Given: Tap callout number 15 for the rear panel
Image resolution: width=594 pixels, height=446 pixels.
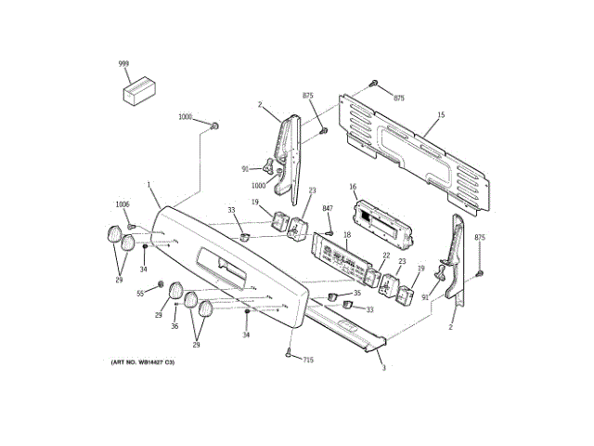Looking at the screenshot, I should click(441, 114).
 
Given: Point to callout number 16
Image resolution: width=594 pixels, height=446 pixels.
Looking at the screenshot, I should click(353, 187).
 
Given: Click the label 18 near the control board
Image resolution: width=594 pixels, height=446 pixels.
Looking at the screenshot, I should click(346, 236).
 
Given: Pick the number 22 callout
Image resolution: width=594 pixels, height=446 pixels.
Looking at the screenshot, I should click(386, 256).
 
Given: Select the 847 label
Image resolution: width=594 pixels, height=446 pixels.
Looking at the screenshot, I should click(328, 209).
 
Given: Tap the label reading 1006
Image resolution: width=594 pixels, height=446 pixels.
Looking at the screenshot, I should click(123, 204).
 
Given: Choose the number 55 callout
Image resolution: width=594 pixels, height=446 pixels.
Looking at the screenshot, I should click(141, 293).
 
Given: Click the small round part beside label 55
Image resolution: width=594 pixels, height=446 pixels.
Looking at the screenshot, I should click(161, 284).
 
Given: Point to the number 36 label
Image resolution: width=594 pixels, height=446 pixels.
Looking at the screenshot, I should click(174, 326).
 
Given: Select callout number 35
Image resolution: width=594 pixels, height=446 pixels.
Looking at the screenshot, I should click(356, 293).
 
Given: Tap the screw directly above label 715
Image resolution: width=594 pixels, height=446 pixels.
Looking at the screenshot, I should click(290, 351).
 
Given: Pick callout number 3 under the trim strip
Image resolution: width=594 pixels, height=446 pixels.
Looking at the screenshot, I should click(383, 368).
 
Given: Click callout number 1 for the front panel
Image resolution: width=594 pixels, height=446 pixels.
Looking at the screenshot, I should click(148, 185).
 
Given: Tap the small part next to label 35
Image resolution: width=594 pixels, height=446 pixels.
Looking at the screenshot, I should click(329, 295).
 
